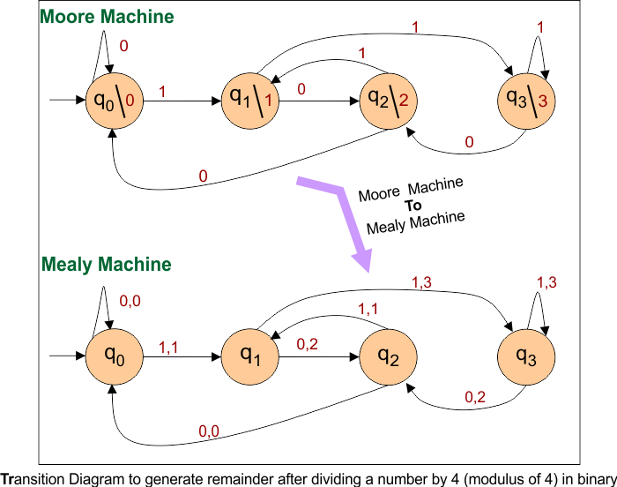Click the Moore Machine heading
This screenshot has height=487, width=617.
click(x=107, y=17)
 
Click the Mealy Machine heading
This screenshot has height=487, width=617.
click(x=106, y=264)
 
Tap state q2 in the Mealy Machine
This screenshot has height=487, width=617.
click(x=388, y=356)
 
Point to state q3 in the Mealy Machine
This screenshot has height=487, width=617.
click(x=525, y=356)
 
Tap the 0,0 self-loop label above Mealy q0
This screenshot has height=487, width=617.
click(x=130, y=302)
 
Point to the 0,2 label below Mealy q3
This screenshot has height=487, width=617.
click(x=476, y=398)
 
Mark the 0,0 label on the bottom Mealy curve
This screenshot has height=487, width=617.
click(x=209, y=431)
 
